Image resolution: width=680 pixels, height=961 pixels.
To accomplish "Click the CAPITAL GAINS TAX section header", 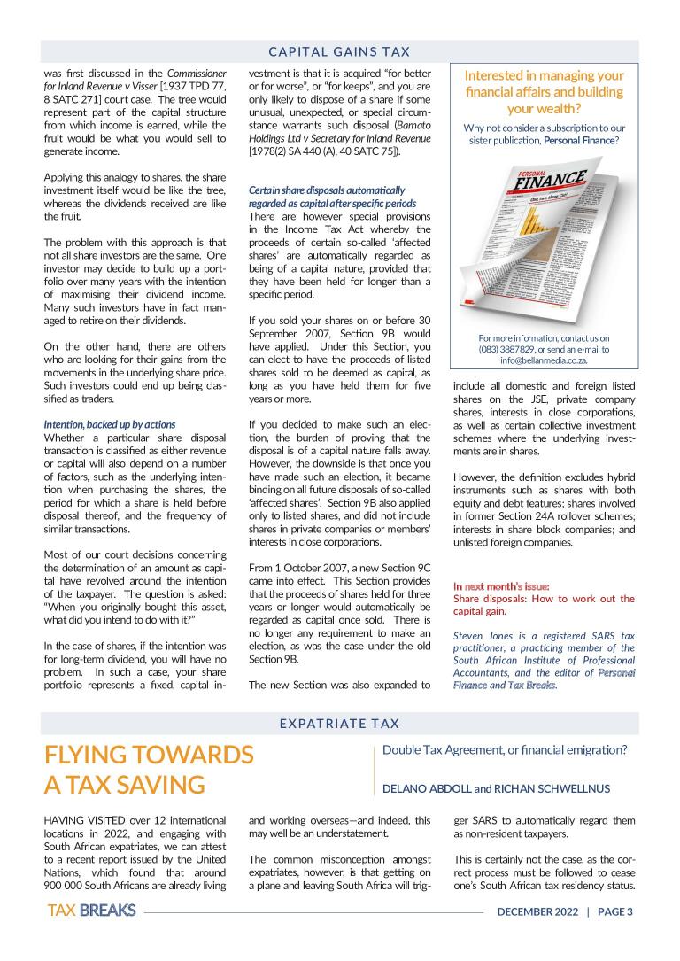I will (x=340, y=51).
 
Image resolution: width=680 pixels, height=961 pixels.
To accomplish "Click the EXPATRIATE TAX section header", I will (x=340, y=723).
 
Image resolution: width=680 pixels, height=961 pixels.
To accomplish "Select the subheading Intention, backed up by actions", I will (x=110, y=424).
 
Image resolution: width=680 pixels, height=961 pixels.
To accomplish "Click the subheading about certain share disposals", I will (x=326, y=197).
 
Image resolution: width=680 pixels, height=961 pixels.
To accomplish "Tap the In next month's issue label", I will (x=501, y=586).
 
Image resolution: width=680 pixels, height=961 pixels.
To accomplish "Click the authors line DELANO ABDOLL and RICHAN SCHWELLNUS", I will (x=496, y=788).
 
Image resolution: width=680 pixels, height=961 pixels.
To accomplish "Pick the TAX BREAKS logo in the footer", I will (x=92, y=911).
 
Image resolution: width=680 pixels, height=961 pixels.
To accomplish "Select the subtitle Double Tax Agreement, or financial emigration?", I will (x=505, y=749).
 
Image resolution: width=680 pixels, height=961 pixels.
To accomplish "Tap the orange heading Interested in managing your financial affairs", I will (x=544, y=92).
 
